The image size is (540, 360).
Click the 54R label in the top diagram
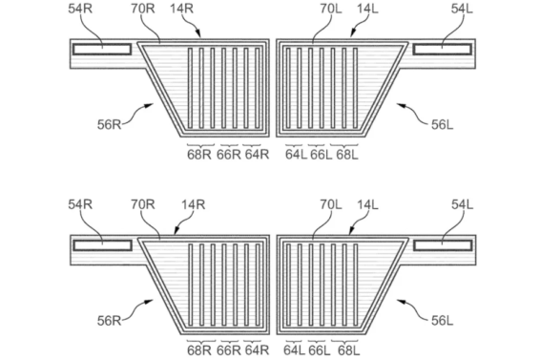(x=80, y=9)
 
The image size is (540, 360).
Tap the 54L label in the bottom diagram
(x=462, y=204)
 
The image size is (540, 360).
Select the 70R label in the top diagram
(x=143, y=9)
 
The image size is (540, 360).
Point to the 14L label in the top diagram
(x=367, y=9)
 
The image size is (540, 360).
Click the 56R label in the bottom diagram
(x=109, y=321)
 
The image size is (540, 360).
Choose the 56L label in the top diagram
(x=442, y=125)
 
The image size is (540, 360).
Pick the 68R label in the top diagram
(x=199, y=155)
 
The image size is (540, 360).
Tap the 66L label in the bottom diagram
(x=320, y=351)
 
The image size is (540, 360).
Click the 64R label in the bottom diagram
(x=257, y=350)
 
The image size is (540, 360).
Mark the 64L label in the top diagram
(x=296, y=155)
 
